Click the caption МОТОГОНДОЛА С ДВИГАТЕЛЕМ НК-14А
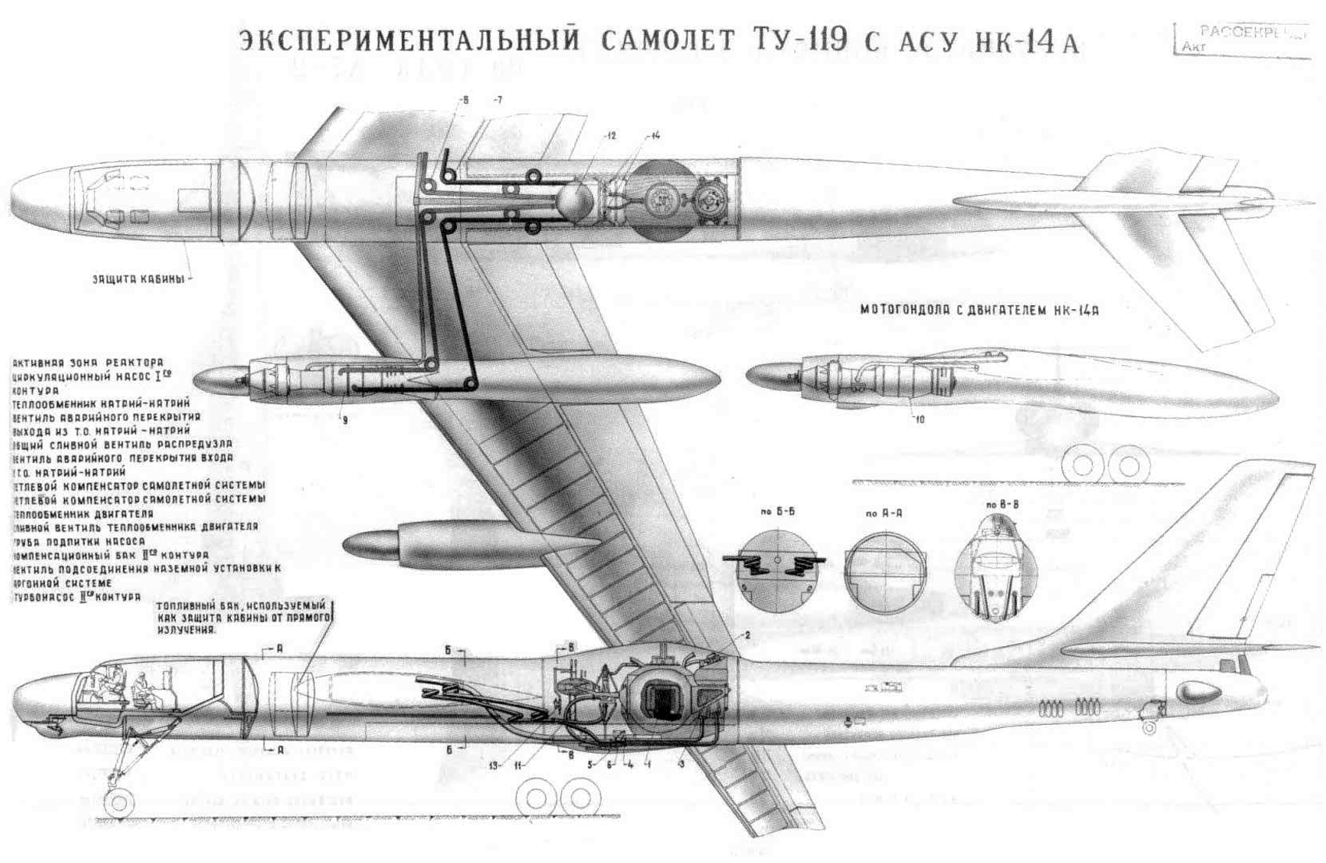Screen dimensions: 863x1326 pyautogui.click(x=980, y=310)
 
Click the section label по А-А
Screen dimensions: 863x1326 pyautogui.click(x=881, y=514)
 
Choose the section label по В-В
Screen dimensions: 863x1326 pyautogui.click(x=1002, y=505)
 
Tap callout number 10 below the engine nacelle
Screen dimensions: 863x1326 pyautogui.click(x=920, y=419)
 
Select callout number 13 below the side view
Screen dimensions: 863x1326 pyautogui.click(x=495, y=764)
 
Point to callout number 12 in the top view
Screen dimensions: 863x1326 pyautogui.click(x=609, y=136)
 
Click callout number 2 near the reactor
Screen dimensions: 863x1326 pyautogui.click(x=746, y=634)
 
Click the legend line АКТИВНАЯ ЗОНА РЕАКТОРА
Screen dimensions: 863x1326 pyautogui.click(x=88, y=363)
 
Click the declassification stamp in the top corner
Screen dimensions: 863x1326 pyautogui.click(x=1243, y=39)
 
